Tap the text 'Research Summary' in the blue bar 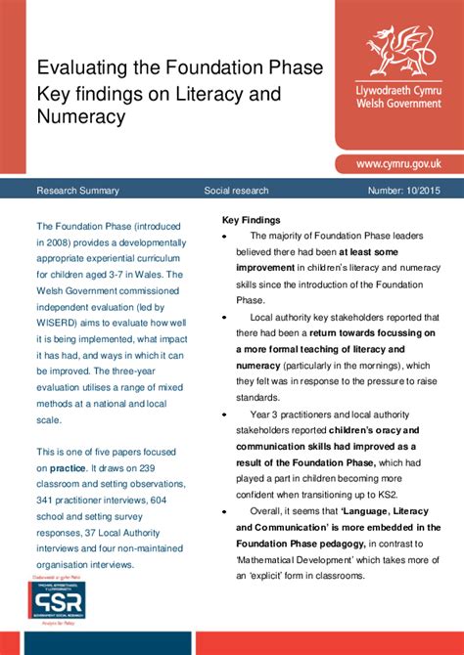[77, 190]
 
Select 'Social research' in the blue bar [236, 190]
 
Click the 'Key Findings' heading [251, 220]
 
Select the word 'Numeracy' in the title [81, 118]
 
